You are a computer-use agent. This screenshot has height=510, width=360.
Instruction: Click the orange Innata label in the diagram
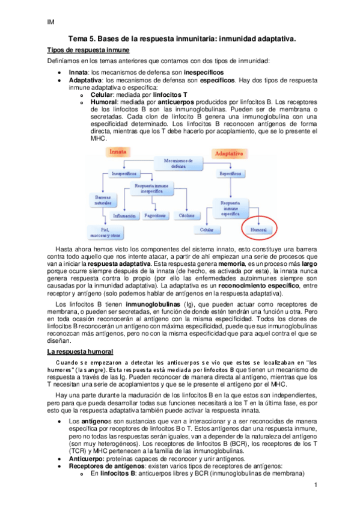pyautogui.click(x=117, y=152)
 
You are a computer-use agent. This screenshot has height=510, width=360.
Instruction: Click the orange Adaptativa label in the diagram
pyautogui.click(x=231, y=153)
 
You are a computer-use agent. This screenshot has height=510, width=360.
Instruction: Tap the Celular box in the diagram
pyautogui.click(x=207, y=229)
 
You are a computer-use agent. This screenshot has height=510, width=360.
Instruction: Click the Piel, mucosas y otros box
pyautogui.click(x=111, y=232)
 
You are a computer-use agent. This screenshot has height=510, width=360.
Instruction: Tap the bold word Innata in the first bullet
pyautogui.click(x=79, y=72)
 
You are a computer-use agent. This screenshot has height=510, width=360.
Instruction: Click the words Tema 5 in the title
pyautogui.click(x=81, y=38)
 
